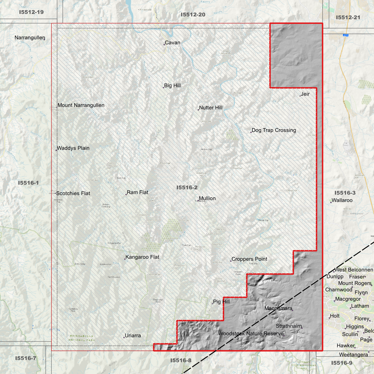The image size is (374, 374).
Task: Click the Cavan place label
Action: click(x=172, y=43)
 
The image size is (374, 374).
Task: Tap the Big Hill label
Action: click(x=172, y=86)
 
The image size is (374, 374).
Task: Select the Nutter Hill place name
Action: click(x=211, y=108)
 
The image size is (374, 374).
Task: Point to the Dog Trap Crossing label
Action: click(x=274, y=130)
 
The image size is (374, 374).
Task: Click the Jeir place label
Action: click(x=305, y=94)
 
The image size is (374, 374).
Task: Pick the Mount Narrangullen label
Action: click(x=81, y=105)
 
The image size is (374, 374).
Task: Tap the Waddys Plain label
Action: click(x=73, y=148)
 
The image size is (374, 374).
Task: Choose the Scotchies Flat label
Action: click(x=73, y=193)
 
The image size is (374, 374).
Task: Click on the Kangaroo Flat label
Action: click(x=142, y=257)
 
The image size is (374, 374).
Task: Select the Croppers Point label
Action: click(x=249, y=259)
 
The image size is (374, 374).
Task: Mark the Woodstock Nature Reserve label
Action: click(x=251, y=334)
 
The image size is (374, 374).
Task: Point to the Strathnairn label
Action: click(x=289, y=326)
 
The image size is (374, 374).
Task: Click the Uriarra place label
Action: click(x=133, y=336)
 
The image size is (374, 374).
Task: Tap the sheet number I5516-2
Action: click(x=187, y=188)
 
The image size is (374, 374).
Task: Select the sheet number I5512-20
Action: click(x=193, y=15)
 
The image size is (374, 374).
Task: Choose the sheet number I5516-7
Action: click(x=26, y=358)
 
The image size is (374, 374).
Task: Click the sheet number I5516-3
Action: click(x=345, y=193)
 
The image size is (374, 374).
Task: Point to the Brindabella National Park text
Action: click(x=82, y=338)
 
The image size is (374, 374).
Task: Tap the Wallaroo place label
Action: click(x=342, y=200)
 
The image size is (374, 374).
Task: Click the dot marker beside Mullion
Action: click(x=198, y=201)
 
